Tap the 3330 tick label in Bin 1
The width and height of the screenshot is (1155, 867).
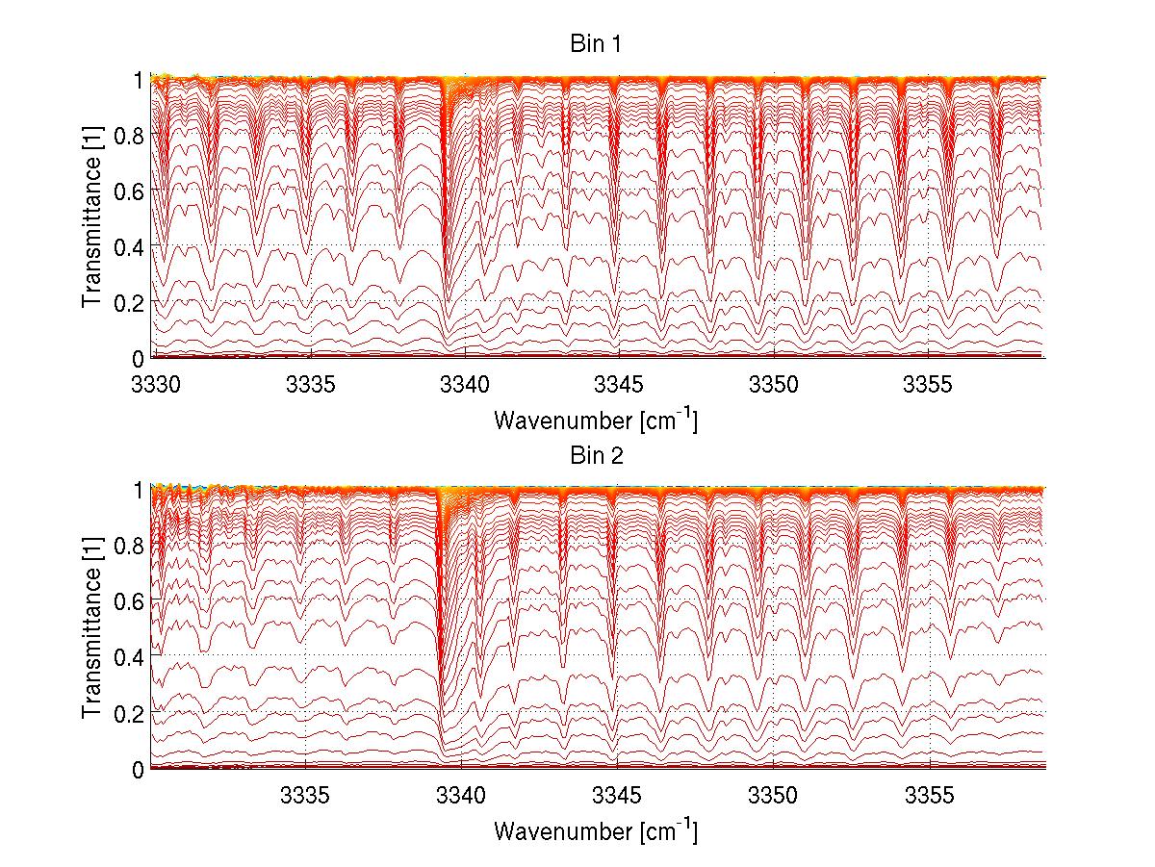(154, 383)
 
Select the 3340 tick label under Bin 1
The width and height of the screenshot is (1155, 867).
(464, 383)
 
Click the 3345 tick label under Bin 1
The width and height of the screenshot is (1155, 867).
(619, 383)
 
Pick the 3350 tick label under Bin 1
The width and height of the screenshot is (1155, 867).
(774, 383)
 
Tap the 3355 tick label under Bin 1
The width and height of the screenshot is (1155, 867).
(928, 383)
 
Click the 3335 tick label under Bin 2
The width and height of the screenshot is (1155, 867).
(305, 794)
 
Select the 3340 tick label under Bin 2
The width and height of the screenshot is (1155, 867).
(461, 794)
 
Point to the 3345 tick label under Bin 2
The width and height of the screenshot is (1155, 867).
(617, 794)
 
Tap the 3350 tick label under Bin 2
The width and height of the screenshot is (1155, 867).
(773, 794)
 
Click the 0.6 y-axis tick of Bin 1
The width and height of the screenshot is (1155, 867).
(129, 191)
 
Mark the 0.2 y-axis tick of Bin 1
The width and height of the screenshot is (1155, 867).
(129, 302)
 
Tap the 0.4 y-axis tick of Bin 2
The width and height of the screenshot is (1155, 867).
(129, 657)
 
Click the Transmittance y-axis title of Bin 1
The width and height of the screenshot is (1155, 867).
(92, 218)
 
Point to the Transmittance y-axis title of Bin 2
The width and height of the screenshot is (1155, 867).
(92, 629)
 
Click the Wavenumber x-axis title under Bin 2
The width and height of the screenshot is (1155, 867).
(596, 830)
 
